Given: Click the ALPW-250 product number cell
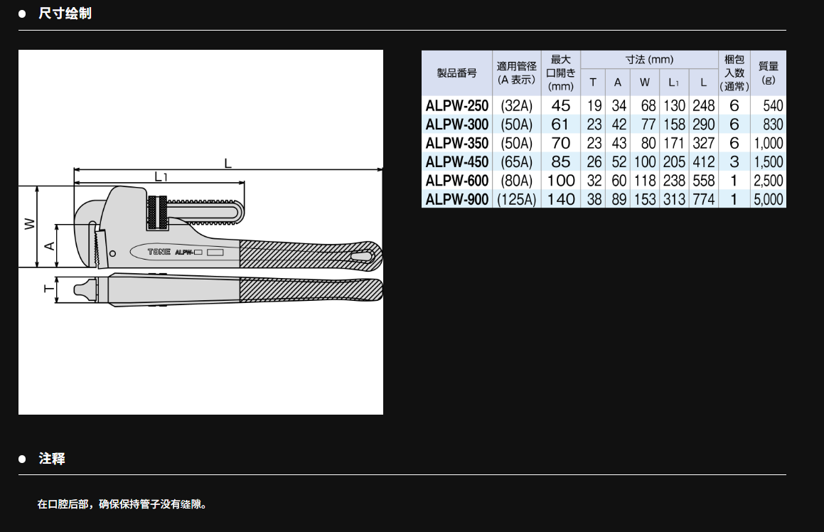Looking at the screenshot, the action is click(456, 106).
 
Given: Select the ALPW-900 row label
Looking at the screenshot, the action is click(456, 199).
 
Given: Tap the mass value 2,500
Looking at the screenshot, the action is click(769, 181).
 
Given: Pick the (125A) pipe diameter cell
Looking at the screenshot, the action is click(517, 199).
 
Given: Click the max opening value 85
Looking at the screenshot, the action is click(561, 162).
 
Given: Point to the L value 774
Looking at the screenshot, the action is click(704, 199).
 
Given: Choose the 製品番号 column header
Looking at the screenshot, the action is click(456, 73).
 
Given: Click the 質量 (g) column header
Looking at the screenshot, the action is click(769, 73).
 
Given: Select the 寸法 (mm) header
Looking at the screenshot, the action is click(650, 60).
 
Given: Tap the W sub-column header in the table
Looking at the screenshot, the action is click(645, 82).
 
